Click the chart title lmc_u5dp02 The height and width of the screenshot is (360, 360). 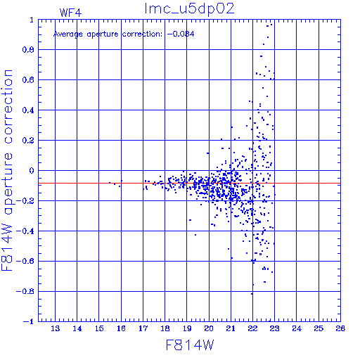pyautogui.click(x=189, y=9)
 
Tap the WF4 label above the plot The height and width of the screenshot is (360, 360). pyautogui.click(x=70, y=13)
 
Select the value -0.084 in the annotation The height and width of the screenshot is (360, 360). pyautogui.click(x=181, y=34)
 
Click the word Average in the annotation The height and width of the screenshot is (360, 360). pyautogui.click(x=68, y=34)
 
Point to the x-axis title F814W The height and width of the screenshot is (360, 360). pyautogui.click(x=190, y=345)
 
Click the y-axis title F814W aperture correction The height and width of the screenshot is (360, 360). pyautogui.click(x=7, y=170)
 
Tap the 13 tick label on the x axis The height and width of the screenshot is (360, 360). pyautogui.click(x=56, y=328)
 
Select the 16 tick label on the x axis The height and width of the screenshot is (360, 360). pyautogui.click(x=121, y=328)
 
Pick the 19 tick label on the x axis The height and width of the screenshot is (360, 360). pyautogui.click(x=187, y=328)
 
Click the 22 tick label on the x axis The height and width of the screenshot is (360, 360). pyautogui.click(x=252, y=328)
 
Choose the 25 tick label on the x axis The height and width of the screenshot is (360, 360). pyautogui.click(x=319, y=328)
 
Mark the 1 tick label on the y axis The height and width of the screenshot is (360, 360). pyautogui.click(x=32, y=20)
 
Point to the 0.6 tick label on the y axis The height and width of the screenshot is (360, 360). pyautogui.click(x=28, y=80)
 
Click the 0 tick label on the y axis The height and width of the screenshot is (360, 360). pyautogui.click(x=32, y=171)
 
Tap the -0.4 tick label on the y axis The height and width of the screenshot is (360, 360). pyautogui.click(x=25, y=231)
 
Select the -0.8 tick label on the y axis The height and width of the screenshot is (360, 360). pyautogui.click(x=25, y=292)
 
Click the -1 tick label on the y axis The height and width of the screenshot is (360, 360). pyautogui.click(x=29, y=321)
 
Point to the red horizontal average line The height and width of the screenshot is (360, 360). pyautogui.click(x=189, y=183)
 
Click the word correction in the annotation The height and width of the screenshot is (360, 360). pyautogui.click(x=142, y=34)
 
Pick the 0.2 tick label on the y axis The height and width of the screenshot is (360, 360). pyautogui.click(x=28, y=141)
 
